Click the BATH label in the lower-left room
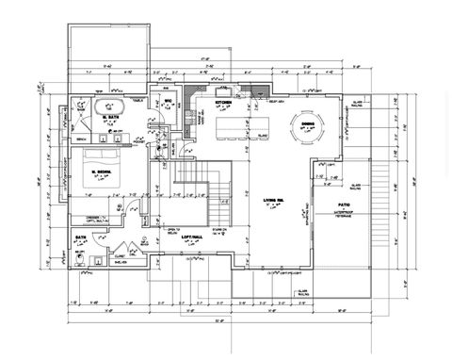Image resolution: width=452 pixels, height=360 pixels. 82,237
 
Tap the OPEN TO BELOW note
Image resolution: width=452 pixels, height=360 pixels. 172,229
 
